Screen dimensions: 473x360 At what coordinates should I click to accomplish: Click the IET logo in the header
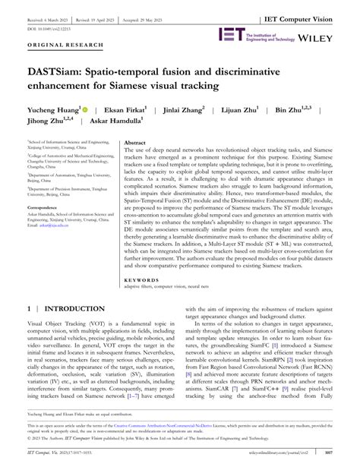coord(232,34)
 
